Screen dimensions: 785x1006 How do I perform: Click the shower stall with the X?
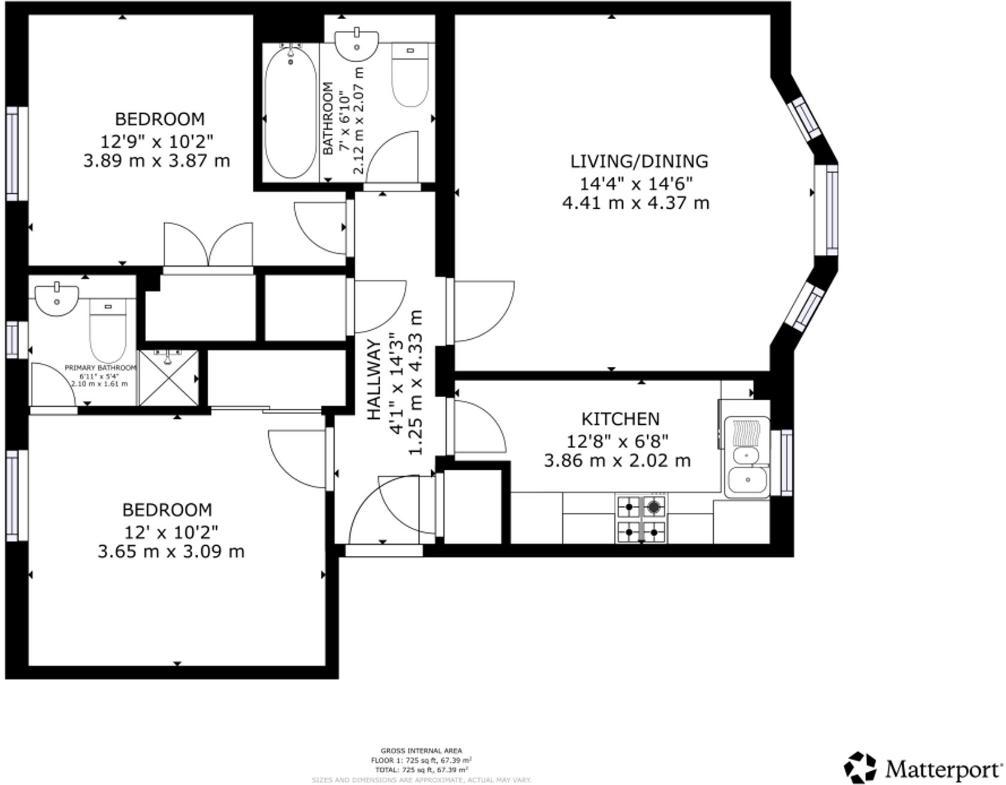pyautogui.click(x=169, y=378)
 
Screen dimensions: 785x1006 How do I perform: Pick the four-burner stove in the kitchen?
pyautogui.click(x=641, y=519)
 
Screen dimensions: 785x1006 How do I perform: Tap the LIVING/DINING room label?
pyautogui.click(x=639, y=162)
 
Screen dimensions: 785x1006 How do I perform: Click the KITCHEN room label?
pyautogui.click(x=620, y=419)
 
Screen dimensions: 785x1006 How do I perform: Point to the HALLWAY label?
pyautogui.click(x=374, y=379)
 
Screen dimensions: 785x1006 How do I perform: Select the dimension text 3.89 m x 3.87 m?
pyautogui.click(x=156, y=161)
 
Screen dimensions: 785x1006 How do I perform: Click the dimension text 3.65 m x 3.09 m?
pyautogui.click(x=171, y=551)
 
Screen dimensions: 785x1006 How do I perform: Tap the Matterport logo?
pyautogui.click(x=923, y=766)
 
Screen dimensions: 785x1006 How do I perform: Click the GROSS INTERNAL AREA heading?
pyautogui.click(x=421, y=750)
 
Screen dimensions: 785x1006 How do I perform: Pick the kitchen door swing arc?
pyautogui.click(x=479, y=427)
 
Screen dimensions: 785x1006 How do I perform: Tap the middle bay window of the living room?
pyautogui.click(x=831, y=209)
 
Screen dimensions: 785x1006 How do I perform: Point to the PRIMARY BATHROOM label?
pyautogui.click(x=100, y=368)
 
